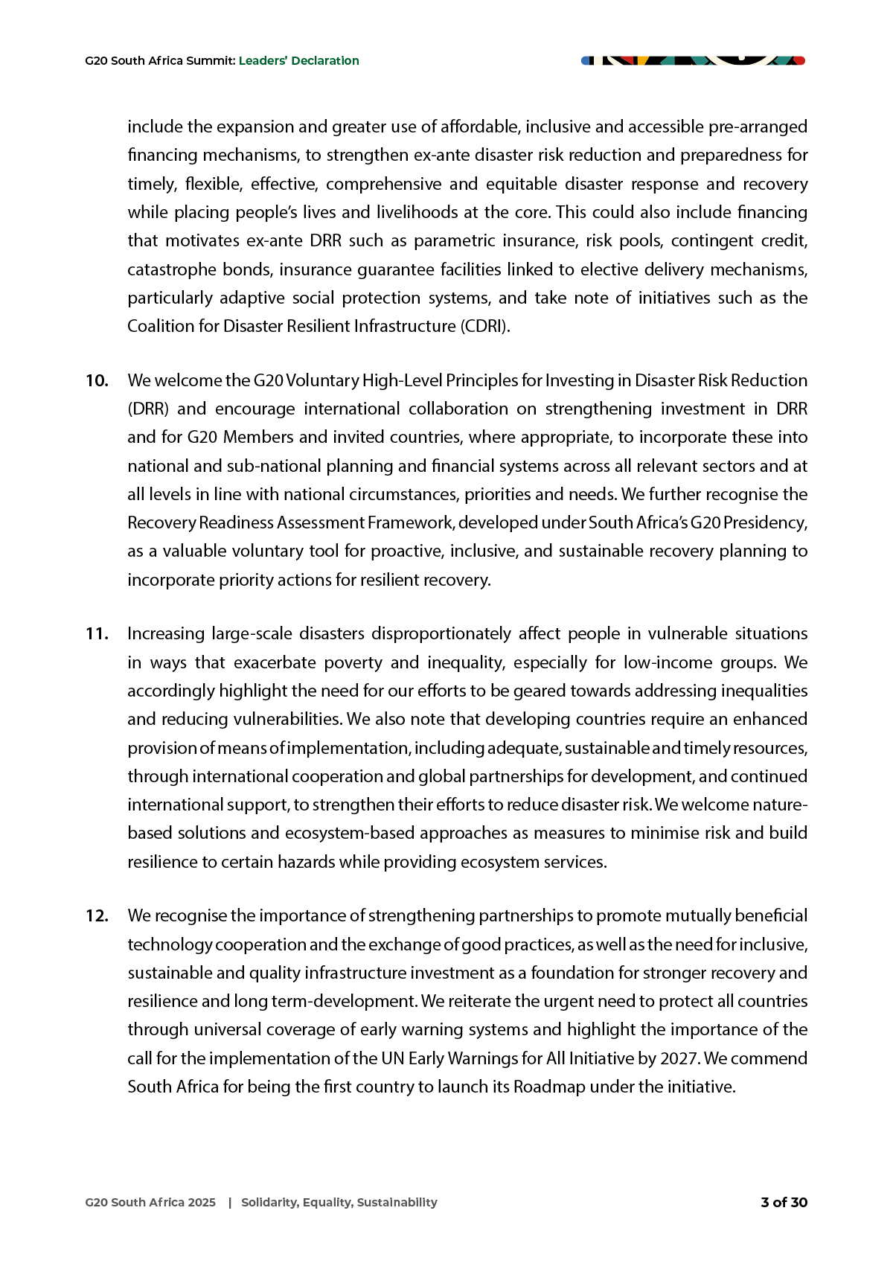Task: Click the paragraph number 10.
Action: [x=97, y=381]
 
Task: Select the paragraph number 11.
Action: [x=97, y=634]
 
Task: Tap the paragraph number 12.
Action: [x=97, y=916]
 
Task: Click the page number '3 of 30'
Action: [x=784, y=1203]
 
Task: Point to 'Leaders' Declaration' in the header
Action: [x=298, y=61]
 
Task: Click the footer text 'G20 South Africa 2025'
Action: [x=150, y=1203]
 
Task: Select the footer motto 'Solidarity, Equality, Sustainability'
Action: [x=339, y=1203]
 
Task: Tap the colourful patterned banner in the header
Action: [x=693, y=60]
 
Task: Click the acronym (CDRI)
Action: [x=485, y=327]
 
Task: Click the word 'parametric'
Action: [x=454, y=241]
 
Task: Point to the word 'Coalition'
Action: [x=161, y=327]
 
